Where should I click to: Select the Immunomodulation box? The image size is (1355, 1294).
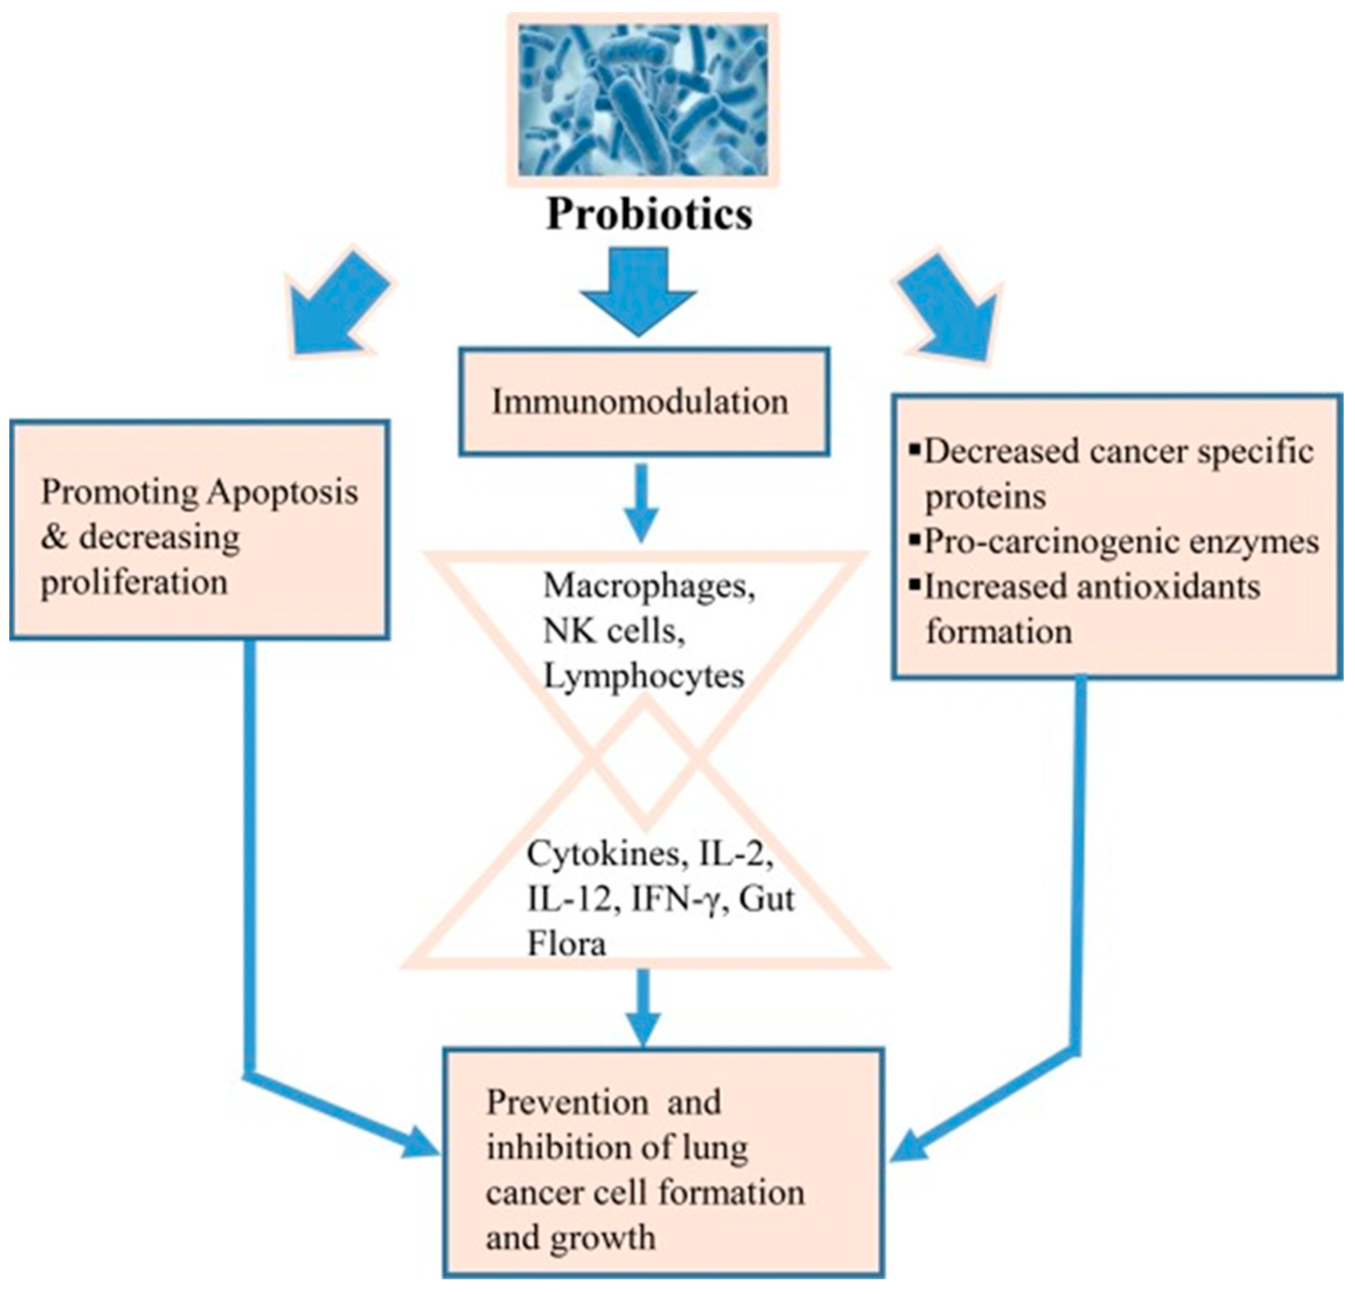click(x=643, y=401)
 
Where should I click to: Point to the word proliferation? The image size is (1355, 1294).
click(x=134, y=582)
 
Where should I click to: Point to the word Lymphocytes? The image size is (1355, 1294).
click(x=644, y=676)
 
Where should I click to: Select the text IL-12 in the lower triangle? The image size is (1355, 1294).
click(x=569, y=899)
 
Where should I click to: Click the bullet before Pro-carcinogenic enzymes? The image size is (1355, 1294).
click(x=916, y=541)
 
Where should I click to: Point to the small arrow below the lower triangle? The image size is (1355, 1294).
click(x=644, y=1008)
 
